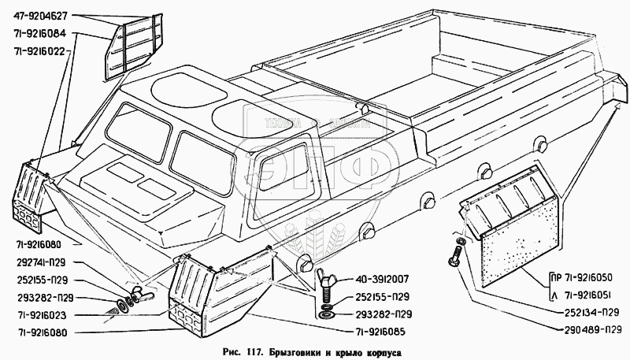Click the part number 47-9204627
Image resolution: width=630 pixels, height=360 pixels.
(44, 16)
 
